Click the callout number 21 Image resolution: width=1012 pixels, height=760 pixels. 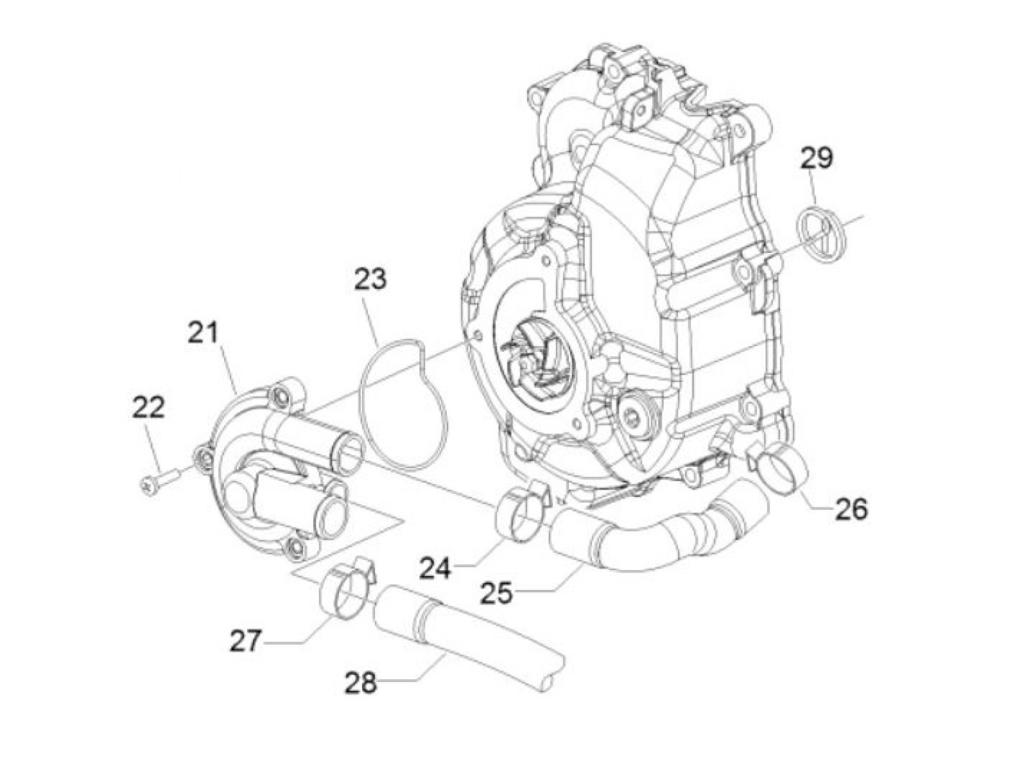(203, 334)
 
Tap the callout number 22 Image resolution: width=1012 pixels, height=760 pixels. (148, 408)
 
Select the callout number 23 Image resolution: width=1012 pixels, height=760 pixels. (370, 279)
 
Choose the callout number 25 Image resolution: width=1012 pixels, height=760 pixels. (496, 593)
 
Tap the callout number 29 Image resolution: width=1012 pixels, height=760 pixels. (816, 157)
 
